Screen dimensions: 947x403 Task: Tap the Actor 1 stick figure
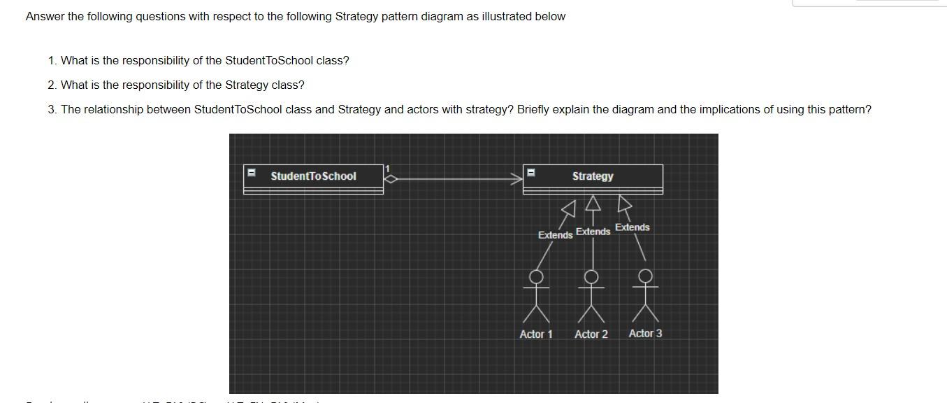point(536,297)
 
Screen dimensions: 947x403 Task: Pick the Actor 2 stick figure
point(591,297)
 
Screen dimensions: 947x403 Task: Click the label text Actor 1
point(536,334)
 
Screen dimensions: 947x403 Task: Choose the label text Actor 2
point(591,334)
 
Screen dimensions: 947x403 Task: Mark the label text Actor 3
point(645,334)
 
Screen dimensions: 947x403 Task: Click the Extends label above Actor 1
point(555,235)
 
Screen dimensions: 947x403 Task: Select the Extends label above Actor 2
point(593,232)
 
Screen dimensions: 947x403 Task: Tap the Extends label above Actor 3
point(632,227)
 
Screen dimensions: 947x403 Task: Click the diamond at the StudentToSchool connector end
point(391,179)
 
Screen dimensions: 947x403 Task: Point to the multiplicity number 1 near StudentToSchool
point(388,169)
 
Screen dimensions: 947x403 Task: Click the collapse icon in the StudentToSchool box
point(252,172)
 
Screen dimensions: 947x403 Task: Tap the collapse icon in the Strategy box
point(531,172)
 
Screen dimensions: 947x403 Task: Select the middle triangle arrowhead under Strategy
point(593,203)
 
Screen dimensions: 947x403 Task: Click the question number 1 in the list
point(52,61)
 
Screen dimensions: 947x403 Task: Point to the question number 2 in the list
point(52,85)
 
